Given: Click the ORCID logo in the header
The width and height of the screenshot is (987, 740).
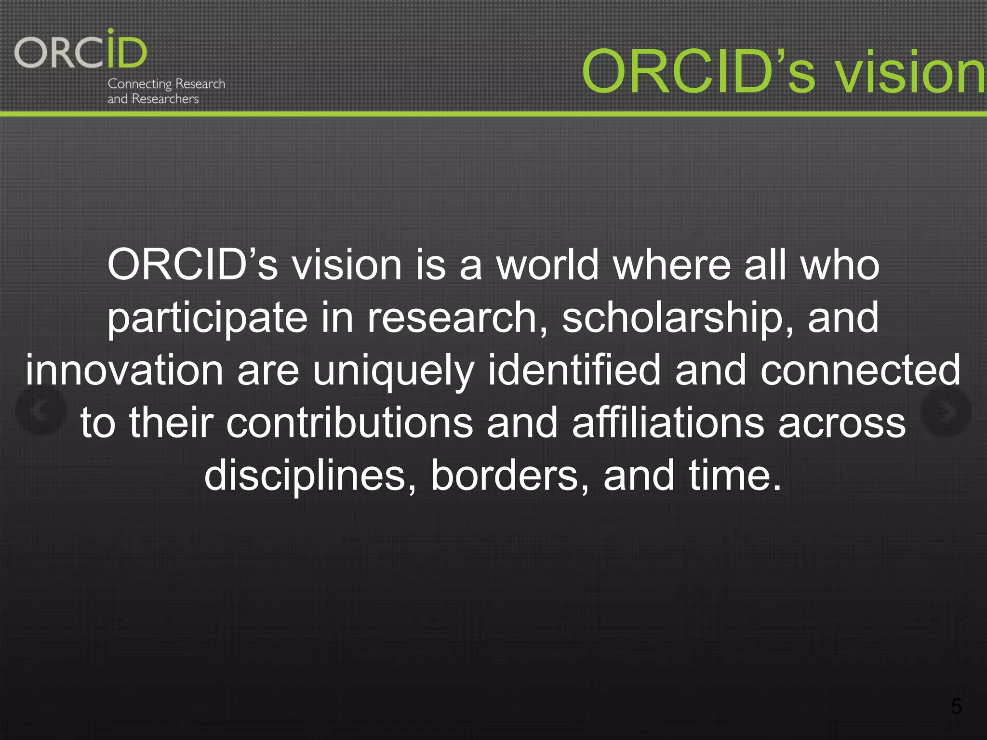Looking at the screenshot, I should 80,50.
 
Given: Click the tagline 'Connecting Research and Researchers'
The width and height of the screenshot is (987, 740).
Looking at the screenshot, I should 166,91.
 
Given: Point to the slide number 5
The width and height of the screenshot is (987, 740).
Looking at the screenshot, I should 956,707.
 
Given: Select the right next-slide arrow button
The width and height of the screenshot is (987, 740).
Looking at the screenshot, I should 946,411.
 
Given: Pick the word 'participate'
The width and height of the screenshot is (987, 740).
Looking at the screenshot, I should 207,318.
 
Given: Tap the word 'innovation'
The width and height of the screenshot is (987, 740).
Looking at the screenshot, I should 124,370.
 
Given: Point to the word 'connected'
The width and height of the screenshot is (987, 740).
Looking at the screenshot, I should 860,370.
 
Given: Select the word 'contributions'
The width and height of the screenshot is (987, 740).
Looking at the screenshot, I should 349,423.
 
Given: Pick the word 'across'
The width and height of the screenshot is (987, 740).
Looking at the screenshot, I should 842,423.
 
